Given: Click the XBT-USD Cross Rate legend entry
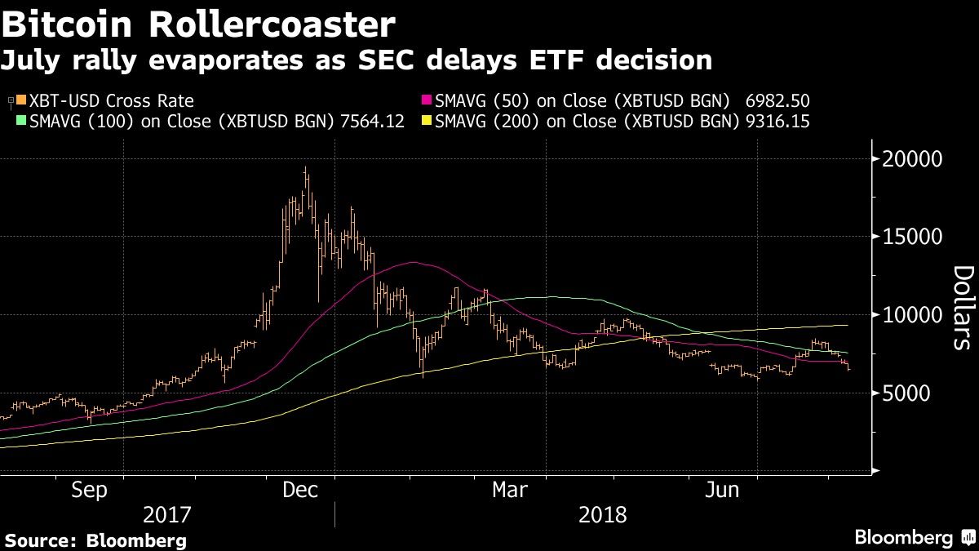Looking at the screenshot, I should (x=111, y=101).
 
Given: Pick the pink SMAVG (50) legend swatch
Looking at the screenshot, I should (x=428, y=101).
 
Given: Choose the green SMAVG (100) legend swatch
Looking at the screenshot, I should (x=20, y=121).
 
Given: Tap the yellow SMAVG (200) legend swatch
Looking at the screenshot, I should (x=428, y=121).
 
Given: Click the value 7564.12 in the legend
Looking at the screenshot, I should (x=371, y=121).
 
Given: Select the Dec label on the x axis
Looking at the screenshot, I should (x=299, y=490).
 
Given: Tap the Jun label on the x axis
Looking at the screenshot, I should (x=722, y=490).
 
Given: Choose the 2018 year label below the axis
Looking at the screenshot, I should (x=602, y=515).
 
